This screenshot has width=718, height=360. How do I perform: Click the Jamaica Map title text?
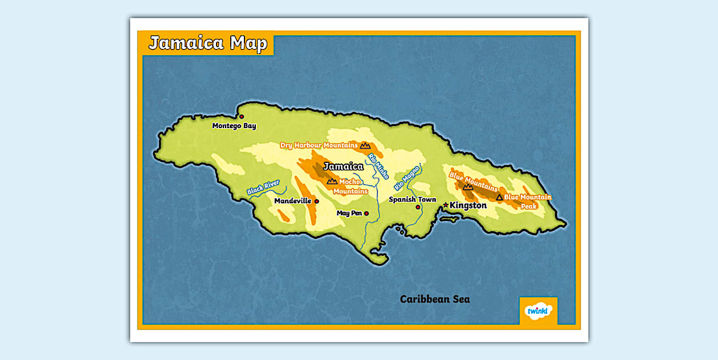(207, 44)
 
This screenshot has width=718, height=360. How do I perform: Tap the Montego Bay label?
(234, 126)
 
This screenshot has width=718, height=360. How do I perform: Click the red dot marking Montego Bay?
(242, 117)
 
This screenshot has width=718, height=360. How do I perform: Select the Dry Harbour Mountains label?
(319, 145)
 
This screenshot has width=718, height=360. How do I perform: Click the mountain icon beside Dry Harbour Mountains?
(365, 146)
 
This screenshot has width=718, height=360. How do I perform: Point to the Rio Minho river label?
(378, 166)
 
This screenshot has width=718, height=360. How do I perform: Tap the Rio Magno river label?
(407, 178)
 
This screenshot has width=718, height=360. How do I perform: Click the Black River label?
(263, 187)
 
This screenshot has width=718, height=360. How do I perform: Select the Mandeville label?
(292, 201)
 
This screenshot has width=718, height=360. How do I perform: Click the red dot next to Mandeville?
(317, 201)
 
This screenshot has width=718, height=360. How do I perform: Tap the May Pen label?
(349, 213)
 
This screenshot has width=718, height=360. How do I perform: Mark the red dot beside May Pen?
(366, 214)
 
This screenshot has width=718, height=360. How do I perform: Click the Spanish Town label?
(412, 199)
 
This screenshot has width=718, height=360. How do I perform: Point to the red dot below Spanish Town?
(418, 207)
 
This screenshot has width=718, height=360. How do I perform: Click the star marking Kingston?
(446, 204)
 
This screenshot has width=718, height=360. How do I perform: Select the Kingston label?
(468, 205)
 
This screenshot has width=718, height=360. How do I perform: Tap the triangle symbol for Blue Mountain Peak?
(500, 197)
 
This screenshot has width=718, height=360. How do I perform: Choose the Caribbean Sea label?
(435, 299)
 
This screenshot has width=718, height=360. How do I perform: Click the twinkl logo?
(537, 310)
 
